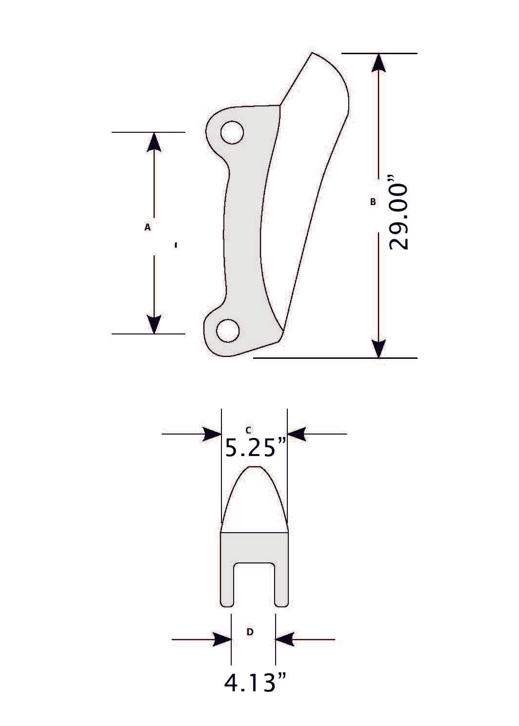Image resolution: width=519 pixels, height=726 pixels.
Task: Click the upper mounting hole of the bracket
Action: pyautogui.click(x=232, y=132)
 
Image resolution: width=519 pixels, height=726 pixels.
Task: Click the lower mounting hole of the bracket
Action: pyautogui.click(x=228, y=331)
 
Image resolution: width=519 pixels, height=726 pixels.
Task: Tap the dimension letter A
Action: pyautogui.click(x=147, y=227)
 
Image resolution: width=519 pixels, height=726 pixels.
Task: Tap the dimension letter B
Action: pyautogui.click(x=373, y=201)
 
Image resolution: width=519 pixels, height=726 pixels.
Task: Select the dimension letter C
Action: pyautogui.click(x=248, y=430)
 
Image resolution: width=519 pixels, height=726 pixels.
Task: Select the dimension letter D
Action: pyautogui.click(x=250, y=632)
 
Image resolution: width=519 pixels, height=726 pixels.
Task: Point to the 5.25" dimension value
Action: pyautogui.click(x=255, y=447)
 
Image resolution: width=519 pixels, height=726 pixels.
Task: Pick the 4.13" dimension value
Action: pyautogui.click(x=255, y=683)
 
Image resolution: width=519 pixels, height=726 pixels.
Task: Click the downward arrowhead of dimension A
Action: pyautogui.click(x=154, y=324)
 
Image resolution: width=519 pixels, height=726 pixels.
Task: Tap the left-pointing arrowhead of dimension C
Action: pyautogui.click(x=297, y=434)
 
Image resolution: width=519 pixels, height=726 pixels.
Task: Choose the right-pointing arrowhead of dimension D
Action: pyautogui.click(x=222, y=639)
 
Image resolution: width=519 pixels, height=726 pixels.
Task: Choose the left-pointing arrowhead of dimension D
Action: pyautogui.click(x=285, y=639)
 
